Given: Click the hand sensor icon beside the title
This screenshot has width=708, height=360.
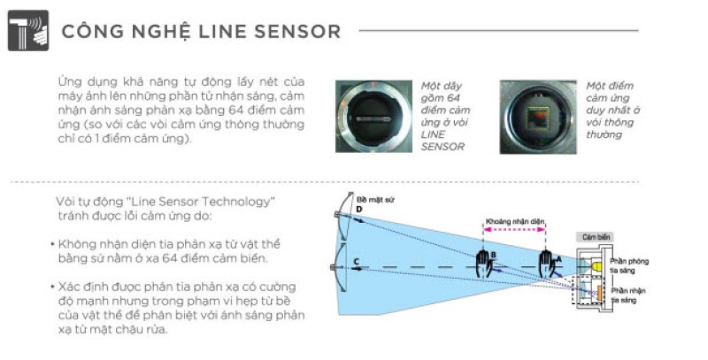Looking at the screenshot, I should (27, 31).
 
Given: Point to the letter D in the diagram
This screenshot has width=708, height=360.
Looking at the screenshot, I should (359, 210).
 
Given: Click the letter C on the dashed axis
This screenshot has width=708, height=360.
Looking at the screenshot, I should (355, 262).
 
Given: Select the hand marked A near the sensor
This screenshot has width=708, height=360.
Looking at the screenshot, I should (549, 259).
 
